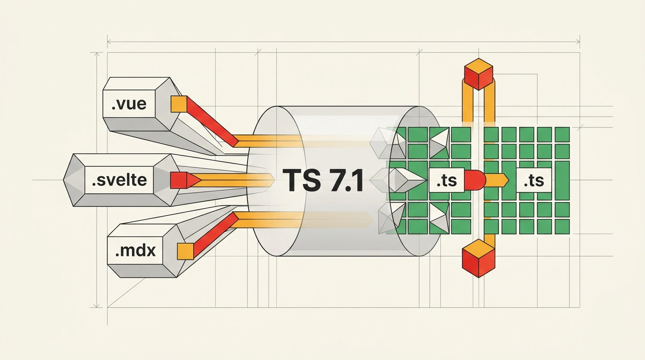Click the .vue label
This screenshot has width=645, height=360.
pyautogui.click(x=129, y=104)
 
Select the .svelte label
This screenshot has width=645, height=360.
pyautogui.click(x=119, y=180)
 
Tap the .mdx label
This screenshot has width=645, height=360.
pyautogui.click(x=135, y=251)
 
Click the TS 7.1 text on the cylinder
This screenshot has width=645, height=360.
pyautogui.click(x=323, y=180)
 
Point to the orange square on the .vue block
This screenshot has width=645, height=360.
pyautogui.click(x=179, y=104)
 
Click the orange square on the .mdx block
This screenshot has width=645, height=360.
pyautogui.click(x=185, y=251)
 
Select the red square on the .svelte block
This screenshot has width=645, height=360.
pyautogui.click(x=179, y=180)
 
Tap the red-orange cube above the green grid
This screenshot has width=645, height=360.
pyautogui.click(x=479, y=74)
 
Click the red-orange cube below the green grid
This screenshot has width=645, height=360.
pyautogui.click(x=478, y=258)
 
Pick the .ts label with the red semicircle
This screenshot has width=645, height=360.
pyautogui.click(x=447, y=180)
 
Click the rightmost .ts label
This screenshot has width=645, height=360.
pyautogui.click(x=534, y=180)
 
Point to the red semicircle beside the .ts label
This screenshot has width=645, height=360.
pyautogui.click(x=475, y=180)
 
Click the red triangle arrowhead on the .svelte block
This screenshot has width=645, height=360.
pyautogui.click(x=194, y=180)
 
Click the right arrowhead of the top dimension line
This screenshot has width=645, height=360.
pyautogui.click(x=577, y=42)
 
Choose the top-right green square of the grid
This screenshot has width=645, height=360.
pyautogui.click(x=562, y=135)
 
